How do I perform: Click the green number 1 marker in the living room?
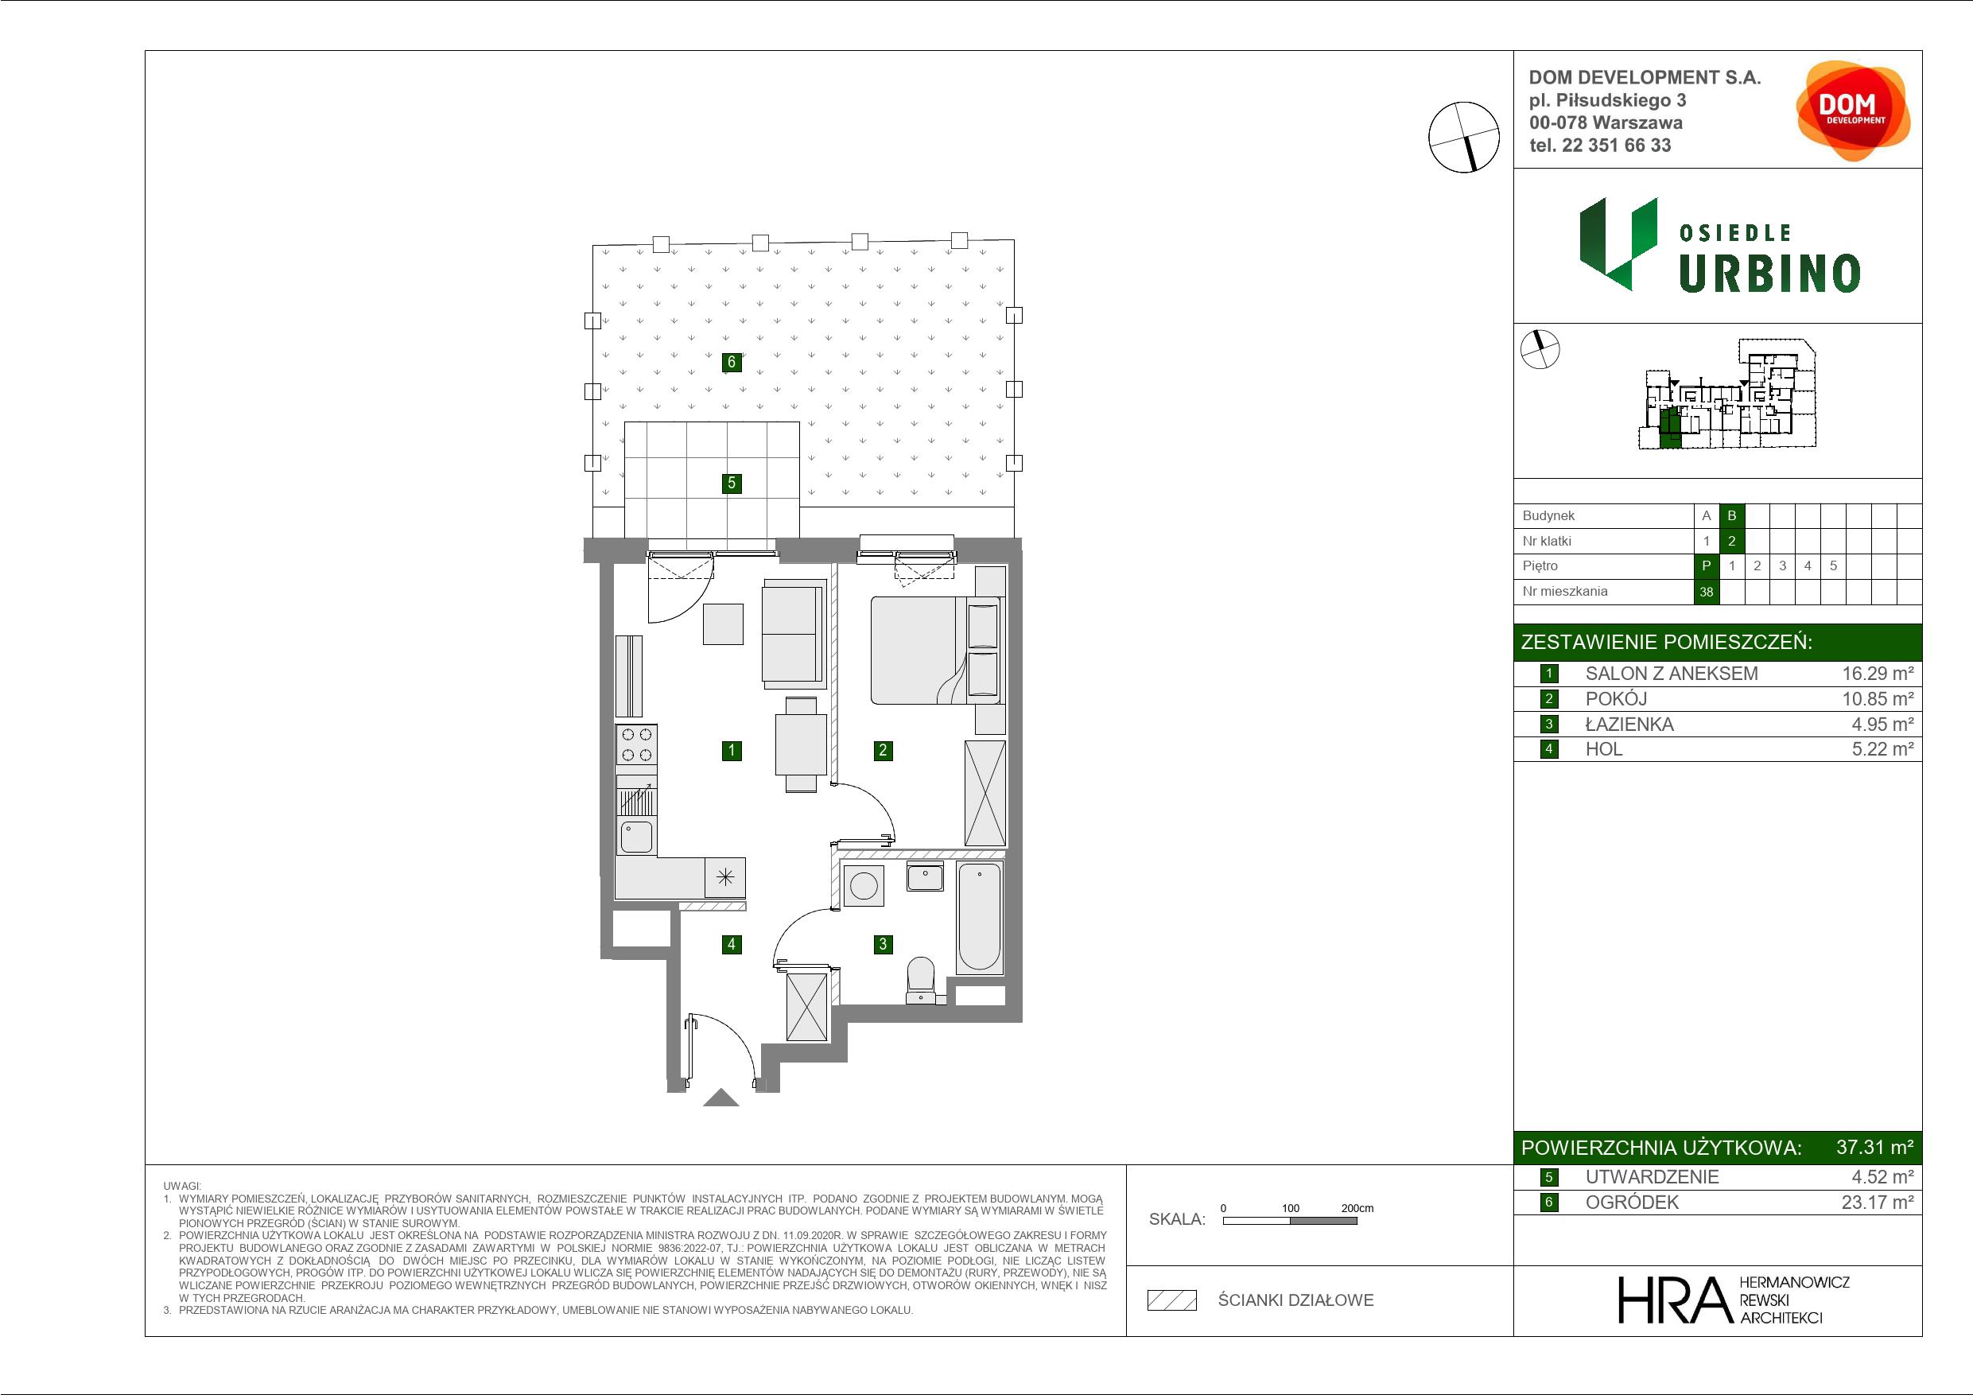(x=732, y=750)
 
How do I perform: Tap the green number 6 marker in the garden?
(x=732, y=362)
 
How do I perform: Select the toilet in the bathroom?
(x=921, y=980)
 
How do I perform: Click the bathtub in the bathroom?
(x=980, y=919)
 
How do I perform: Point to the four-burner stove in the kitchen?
(x=636, y=745)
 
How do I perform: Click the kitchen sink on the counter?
(x=636, y=837)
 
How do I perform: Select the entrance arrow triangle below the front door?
(x=721, y=1098)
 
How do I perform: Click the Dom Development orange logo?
(x=1853, y=110)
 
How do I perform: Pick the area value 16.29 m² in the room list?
(x=1878, y=674)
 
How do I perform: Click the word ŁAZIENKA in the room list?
(x=1629, y=725)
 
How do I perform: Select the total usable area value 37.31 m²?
(x=1874, y=1148)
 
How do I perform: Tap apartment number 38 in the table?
(x=1706, y=592)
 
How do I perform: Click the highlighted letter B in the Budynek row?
(x=1731, y=515)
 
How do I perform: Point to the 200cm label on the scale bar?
(x=1357, y=1207)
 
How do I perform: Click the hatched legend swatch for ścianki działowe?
(x=1172, y=1300)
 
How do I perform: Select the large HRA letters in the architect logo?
(x=1673, y=1300)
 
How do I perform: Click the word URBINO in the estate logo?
(x=1769, y=274)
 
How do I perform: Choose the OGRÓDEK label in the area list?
(x=1631, y=1203)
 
